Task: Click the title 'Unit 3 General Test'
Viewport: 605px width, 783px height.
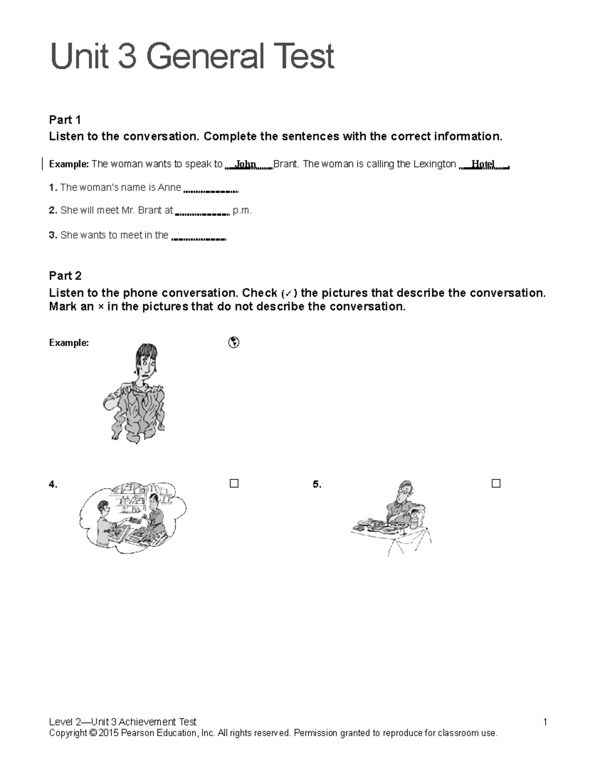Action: click(x=192, y=56)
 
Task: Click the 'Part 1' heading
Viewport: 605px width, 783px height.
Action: click(x=65, y=119)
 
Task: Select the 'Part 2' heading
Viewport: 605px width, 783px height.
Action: click(x=65, y=275)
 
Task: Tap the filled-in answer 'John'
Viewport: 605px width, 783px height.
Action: click(x=246, y=164)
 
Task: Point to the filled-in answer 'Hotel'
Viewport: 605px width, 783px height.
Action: click(x=482, y=164)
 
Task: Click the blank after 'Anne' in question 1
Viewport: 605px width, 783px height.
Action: click(x=211, y=190)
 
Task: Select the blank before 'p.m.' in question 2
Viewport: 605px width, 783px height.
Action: click(x=202, y=213)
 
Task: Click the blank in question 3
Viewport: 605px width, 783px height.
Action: click(x=199, y=237)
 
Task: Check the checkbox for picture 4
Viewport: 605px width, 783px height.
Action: click(x=234, y=484)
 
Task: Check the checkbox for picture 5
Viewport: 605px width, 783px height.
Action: click(x=496, y=484)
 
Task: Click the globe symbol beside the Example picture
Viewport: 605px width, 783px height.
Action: click(x=233, y=343)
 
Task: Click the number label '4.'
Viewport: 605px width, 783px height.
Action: click(x=53, y=485)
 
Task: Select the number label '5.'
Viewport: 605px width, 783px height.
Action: click(x=317, y=485)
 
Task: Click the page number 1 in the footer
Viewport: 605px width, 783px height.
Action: click(x=544, y=722)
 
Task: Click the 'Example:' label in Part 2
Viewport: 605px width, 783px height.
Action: click(x=69, y=343)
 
